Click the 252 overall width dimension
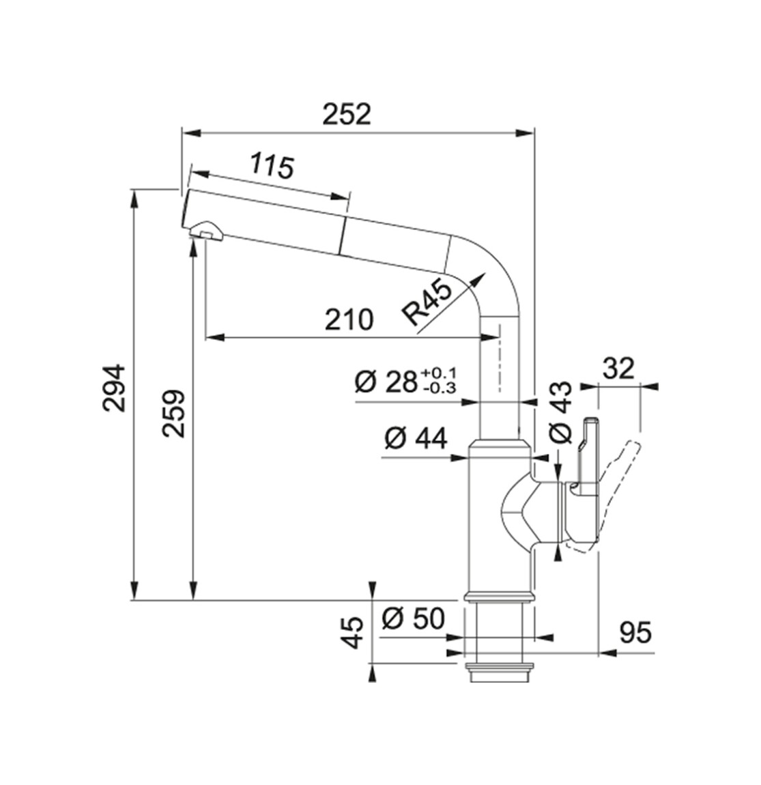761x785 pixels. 347,114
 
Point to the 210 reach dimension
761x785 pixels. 349,319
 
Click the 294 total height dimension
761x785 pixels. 114,388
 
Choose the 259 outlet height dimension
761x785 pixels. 174,414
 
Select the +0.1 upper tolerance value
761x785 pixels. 439,373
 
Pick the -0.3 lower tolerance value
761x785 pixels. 440,388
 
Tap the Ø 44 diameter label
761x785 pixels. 416,439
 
